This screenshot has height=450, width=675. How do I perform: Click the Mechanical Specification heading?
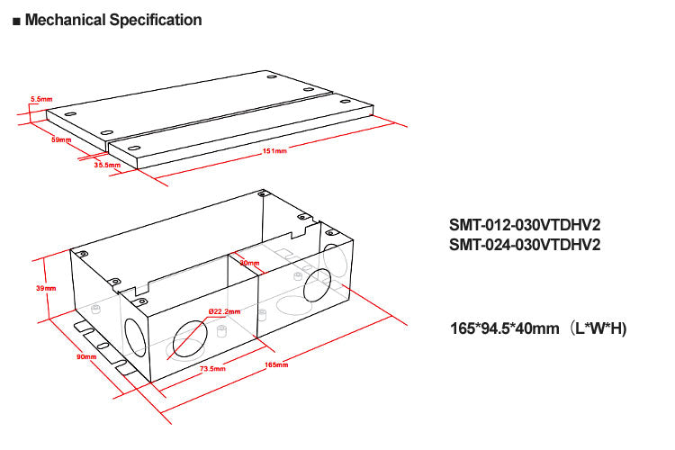pyautogui.click(x=113, y=20)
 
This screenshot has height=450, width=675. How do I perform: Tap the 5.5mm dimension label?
pyautogui.click(x=40, y=98)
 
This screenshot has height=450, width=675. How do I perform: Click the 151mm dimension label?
pyautogui.click(x=274, y=151)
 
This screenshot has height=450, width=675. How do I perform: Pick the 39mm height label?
pyautogui.click(x=46, y=288)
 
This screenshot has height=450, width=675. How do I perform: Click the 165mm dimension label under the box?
pyautogui.click(x=276, y=364)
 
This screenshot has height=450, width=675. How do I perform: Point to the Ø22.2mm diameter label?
pyautogui.click(x=224, y=311)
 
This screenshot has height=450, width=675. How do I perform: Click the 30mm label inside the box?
pyautogui.click(x=249, y=264)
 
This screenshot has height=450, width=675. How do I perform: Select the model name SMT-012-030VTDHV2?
pyautogui.click(x=524, y=226)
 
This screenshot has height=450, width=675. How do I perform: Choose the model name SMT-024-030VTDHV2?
pyautogui.click(x=524, y=244)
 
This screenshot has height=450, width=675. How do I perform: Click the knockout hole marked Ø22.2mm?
pyautogui.click(x=194, y=339)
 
